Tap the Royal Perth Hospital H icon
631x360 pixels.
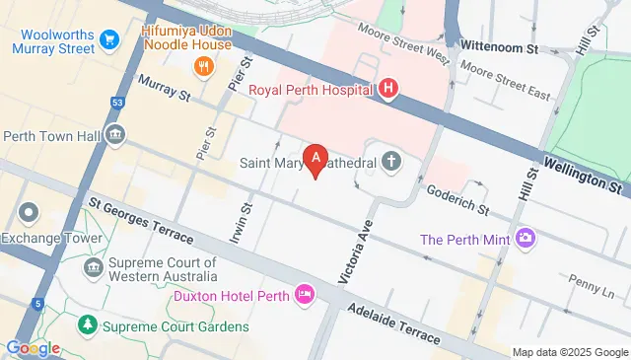pos(389,90)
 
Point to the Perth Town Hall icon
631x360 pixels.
pos(115,134)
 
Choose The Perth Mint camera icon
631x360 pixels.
pos(526,238)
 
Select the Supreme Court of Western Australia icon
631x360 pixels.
pos(94,267)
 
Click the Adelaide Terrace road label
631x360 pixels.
pos(393,322)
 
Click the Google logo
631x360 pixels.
pos(33,348)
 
